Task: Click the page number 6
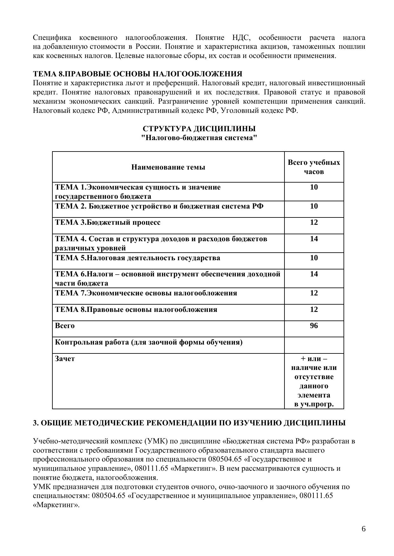click(x=364, y=529)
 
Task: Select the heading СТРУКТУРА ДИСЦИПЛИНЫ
click(x=199, y=129)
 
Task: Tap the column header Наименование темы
click(x=168, y=167)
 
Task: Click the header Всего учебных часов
click(x=314, y=167)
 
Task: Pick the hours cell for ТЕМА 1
click(x=314, y=187)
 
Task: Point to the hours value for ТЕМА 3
click(x=314, y=223)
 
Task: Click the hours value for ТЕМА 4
click(x=314, y=239)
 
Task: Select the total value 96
click(x=314, y=326)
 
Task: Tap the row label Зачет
click(x=65, y=359)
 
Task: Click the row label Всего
click(x=65, y=326)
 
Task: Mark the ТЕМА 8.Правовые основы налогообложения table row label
click(x=136, y=310)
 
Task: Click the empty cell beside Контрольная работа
click(x=314, y=345)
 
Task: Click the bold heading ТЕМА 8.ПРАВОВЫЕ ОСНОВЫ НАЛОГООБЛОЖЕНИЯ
click(x=138, y=74)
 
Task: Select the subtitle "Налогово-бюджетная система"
click(x=199, y=138)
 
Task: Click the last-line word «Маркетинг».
click(x=56, y=505)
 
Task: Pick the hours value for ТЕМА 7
click(x=314, y=293)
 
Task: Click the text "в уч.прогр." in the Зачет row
click(x=314, y=404)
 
